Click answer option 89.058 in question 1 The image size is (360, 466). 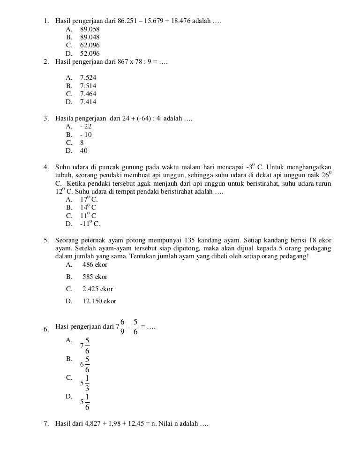[x=90, y=29]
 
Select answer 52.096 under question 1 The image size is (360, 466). [x=90, y=53]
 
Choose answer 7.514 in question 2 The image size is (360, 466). [x=88, y=86]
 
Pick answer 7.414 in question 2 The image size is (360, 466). [x=88, y=102]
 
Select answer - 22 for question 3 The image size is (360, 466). [x=86, y=127]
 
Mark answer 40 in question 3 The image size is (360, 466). [x=83, y=150]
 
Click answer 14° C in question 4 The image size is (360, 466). [x=88, y=207]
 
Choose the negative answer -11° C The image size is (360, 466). [x=90, y=223]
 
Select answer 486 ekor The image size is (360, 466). [x=95, y=265]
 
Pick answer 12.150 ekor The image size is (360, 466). [x=99, y=301]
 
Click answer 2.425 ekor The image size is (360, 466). [x=97, y=289]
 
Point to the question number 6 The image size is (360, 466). [x=46, y=329]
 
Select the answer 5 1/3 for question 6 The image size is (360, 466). [x=85, y=383]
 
